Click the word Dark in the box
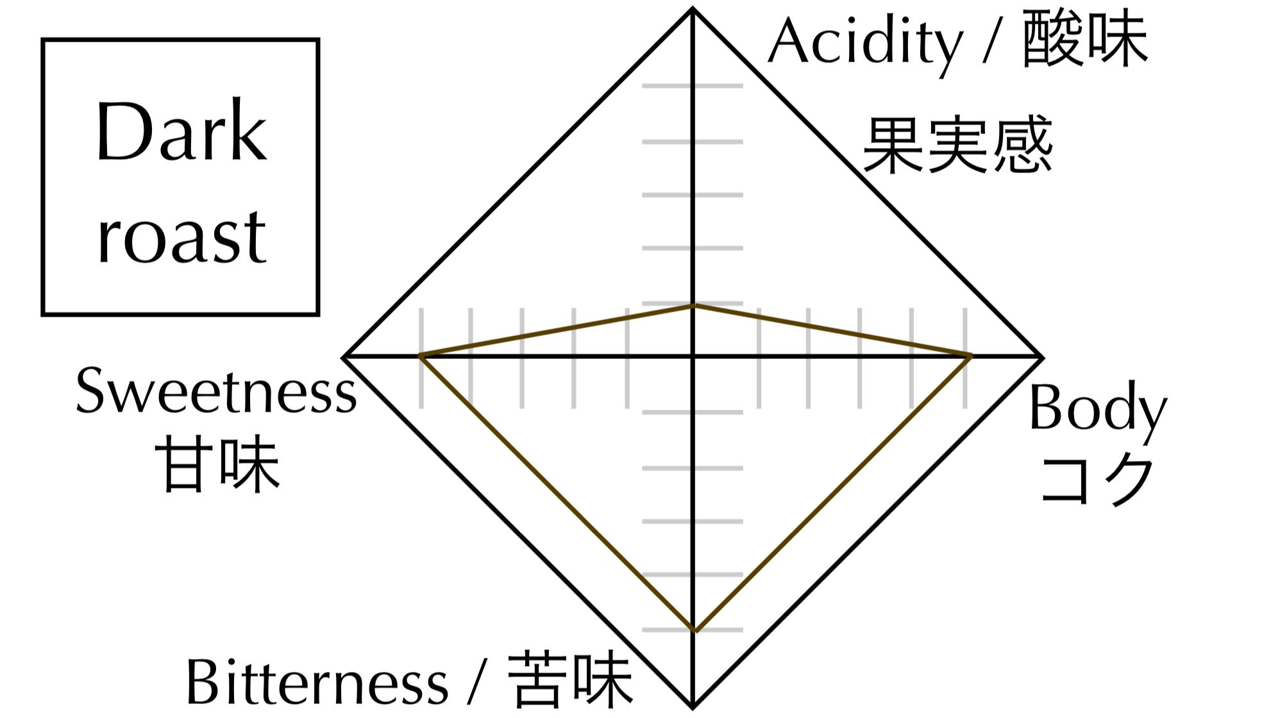tap(181, 133)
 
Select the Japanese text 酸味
tap(1084, 42)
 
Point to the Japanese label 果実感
tap(957, 145)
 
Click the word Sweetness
tap(215, 392)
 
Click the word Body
tap(1097, 409)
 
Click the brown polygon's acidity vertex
tap(693, 306)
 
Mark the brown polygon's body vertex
tap(970, 356)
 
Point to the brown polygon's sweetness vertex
tap(420, 356)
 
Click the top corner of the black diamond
tap(693, 9)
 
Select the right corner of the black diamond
tap(1041, 356)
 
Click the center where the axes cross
tap(693, 356)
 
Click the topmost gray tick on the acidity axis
tap(693, 85)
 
